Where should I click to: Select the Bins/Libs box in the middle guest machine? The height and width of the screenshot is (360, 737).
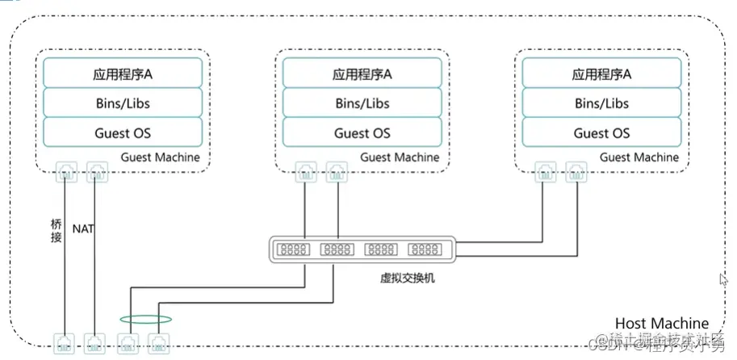(x=362, y=103)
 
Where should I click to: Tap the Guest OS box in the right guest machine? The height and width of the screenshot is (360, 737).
(x=601, y=133)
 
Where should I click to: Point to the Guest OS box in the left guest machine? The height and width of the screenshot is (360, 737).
(x=122, y=133)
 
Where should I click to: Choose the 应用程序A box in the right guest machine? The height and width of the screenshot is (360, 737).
(x=601, y=73)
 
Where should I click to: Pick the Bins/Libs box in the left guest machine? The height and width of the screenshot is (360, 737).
(x=122, y=103)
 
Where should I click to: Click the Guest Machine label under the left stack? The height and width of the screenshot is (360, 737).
(x=160, y=157)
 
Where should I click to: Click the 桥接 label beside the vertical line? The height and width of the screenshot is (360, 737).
(x=55, y=230)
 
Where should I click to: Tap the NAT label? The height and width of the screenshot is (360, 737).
(x=83, y=229)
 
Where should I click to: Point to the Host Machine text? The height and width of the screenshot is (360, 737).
(x=661, y=323)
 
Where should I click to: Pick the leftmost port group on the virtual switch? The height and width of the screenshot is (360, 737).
(x=294, y=249)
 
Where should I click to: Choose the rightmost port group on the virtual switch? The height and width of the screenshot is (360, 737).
(x=425, y=249)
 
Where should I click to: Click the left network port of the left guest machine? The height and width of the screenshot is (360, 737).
(x=65, y=170)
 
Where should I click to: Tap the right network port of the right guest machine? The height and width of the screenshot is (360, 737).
(x=576, y=170)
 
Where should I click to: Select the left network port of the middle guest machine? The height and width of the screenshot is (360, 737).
(x=306, y=170)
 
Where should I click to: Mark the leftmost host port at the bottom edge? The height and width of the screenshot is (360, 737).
(x=64, y=343)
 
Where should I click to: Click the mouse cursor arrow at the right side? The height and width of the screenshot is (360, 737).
(x=723, y=279)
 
